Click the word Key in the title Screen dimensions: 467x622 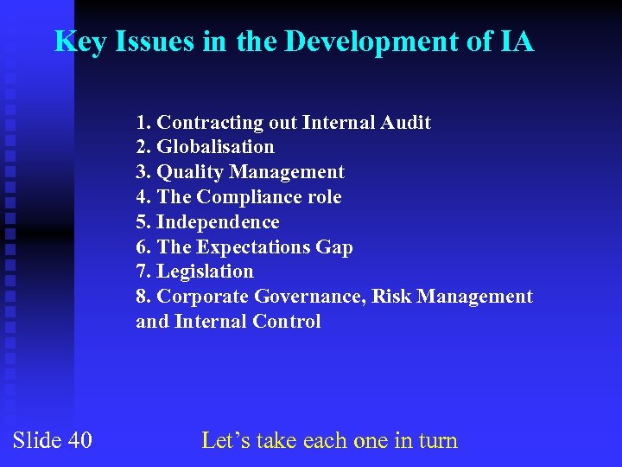[x=79, y=42]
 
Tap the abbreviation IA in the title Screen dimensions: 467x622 [x=516, y=42]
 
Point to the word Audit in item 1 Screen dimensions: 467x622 [x=406, y=123]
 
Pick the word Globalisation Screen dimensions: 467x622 [x=215, y=147]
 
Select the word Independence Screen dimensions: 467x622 [x=218, y=222]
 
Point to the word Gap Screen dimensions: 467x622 [x=334, y=247]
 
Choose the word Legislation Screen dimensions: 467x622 [x=205, y=272]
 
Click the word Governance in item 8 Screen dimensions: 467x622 [x=310, y=297]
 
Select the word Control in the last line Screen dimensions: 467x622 [x=287, y=322]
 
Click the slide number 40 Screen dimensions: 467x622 [x=79, y=440]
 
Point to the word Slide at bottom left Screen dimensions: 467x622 [x=36, y=440]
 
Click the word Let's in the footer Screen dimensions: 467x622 [x=227, y=440]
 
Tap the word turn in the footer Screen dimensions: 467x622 [x=438, y=440]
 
